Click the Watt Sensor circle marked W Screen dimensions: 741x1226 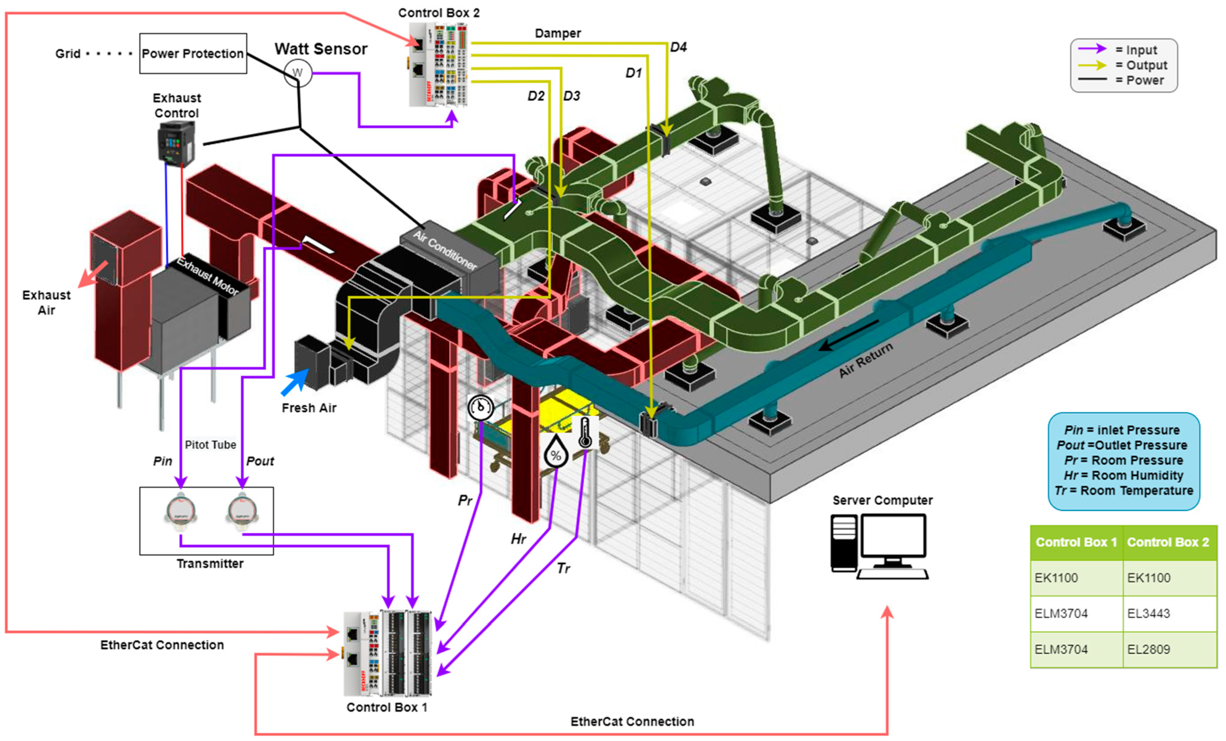tap(297, 73)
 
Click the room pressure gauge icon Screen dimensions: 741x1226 tap(481, 407)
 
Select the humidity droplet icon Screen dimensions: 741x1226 tap(555, 452)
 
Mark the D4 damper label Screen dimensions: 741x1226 tap(678, 47)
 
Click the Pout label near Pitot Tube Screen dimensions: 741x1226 tap(260, 461)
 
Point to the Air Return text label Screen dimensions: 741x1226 tap(865, 360)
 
